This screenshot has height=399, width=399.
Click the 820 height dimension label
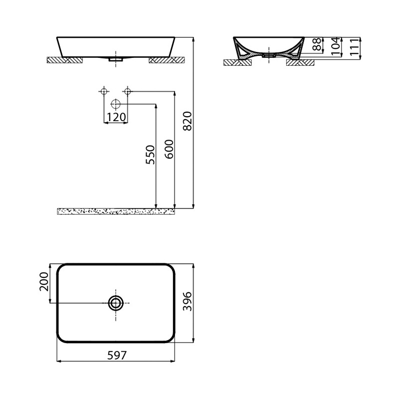(188, 121)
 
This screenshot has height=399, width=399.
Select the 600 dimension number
(169, 149)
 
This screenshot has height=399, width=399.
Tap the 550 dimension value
(150, 155)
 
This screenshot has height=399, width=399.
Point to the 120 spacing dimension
(116, 117)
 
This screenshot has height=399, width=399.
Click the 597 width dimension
(117, 355)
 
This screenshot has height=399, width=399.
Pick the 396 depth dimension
(188, 301)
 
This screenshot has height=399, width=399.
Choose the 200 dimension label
(44, 281)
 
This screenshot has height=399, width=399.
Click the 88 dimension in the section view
(317, 44)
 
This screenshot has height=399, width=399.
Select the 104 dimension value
(336, 46)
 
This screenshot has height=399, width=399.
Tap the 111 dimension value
(355, 47)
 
